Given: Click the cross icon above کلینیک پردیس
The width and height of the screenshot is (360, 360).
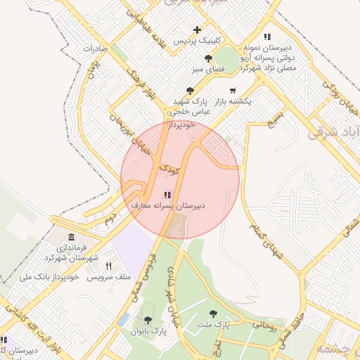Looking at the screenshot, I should pos(198,30).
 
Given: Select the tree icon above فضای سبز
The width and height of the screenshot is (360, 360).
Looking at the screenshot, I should pos(207,58).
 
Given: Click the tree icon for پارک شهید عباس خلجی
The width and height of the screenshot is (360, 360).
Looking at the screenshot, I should pos(190,90).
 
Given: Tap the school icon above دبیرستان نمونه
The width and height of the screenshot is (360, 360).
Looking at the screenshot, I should pos(267,37).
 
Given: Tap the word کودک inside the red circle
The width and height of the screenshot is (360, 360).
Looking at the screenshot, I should pos(169,169).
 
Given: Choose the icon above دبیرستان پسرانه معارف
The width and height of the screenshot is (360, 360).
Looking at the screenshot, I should pos(167,195).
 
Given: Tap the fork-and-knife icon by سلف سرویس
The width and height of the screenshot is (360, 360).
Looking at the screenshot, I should pos(108,266).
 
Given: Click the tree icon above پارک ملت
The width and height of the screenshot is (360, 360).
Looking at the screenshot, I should pos(213,313).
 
